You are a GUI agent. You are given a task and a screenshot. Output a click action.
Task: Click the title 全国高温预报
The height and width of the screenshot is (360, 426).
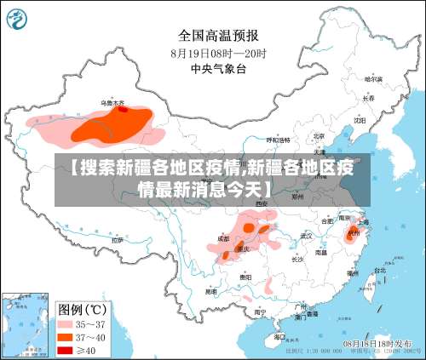click(x=219, y=35)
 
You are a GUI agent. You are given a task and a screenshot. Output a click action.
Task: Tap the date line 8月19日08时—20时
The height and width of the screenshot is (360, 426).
click(x=219, y=53)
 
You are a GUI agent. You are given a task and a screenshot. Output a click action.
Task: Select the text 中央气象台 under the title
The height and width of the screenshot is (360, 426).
click(x=218, y=69)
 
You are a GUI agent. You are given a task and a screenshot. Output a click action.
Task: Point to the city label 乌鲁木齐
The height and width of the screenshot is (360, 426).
click(x=112, y=103)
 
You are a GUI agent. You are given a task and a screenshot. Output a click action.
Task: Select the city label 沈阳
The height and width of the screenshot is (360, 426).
click(x=360, y=120)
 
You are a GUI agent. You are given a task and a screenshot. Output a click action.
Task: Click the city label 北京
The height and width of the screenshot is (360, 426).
click(x=319, y=135)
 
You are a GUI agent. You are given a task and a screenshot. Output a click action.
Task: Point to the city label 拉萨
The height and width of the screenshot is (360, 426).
click(x=117, y=241)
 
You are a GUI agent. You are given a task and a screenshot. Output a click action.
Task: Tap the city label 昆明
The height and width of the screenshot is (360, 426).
click(x=210, y=291)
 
